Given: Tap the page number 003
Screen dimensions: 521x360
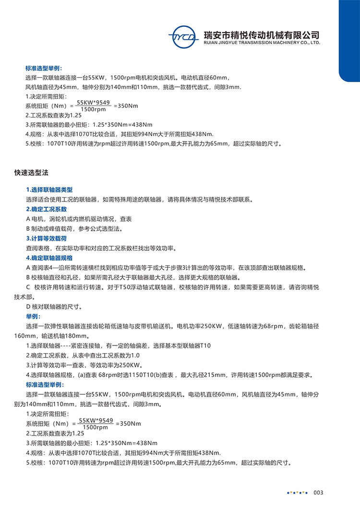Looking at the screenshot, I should [319, 493].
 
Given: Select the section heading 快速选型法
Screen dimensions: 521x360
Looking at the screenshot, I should [31, 172].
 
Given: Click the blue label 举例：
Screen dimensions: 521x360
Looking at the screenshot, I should [34, 317].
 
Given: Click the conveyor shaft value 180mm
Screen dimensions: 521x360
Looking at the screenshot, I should [78, 336].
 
